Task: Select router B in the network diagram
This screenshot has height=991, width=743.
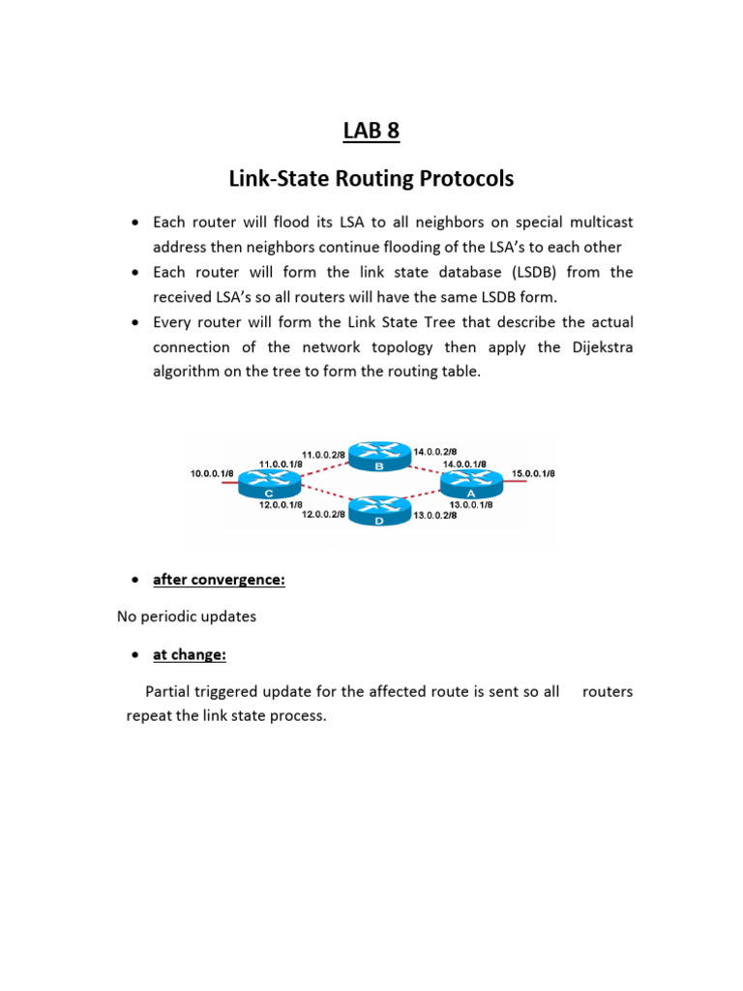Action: point(379,456)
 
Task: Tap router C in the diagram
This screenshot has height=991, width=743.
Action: point(268,479)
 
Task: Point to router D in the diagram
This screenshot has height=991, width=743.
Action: point(379,509)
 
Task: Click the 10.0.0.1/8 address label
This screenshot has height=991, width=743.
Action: point(211,473)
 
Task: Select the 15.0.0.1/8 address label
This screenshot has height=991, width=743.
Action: point(533,473)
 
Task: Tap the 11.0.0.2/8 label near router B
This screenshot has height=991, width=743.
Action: point(324,453)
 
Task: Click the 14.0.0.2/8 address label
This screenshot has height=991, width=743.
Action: point(435,451)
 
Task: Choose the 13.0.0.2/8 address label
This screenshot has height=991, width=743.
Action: point(435,516)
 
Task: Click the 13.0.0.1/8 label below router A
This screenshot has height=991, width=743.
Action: point(471,504)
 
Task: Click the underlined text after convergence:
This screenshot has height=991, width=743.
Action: point(219,581)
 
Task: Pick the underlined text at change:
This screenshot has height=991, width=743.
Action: point(190,655)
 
